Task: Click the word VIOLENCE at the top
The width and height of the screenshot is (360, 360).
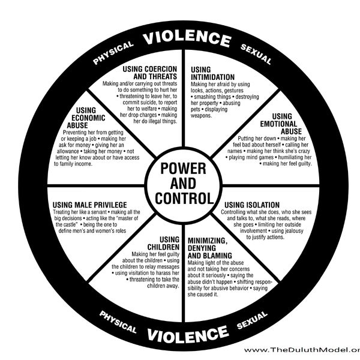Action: (185, 40)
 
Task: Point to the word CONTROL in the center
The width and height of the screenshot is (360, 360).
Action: (184, 197)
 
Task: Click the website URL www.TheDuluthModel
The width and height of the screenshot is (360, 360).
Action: (302, 350)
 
